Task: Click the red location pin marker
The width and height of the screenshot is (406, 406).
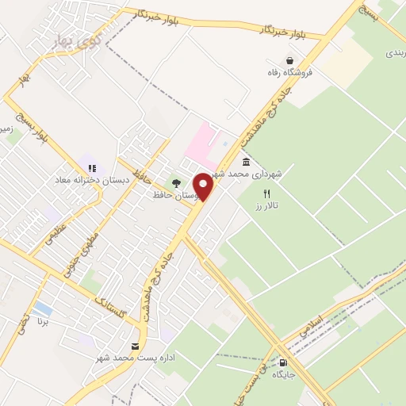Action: pyautogui.click(x=204, y=186)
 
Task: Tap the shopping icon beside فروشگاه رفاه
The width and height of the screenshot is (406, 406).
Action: pyautogui.click(x=290, y=60)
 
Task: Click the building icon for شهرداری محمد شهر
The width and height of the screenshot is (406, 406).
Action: pyautogui.click(x=247, y=163)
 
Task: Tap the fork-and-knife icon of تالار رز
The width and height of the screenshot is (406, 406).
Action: pyautogui.click(x=267, y=193)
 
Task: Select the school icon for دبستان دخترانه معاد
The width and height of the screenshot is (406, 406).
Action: pyautogui.click(x=93, y=168)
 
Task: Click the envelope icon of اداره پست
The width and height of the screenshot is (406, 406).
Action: pyautogui.click(x=135, y=346)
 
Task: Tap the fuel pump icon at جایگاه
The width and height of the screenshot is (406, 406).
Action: pyautogui.click(x=284, y=363)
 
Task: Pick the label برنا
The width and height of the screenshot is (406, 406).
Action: pyautogui.click(x=44, y=323)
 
